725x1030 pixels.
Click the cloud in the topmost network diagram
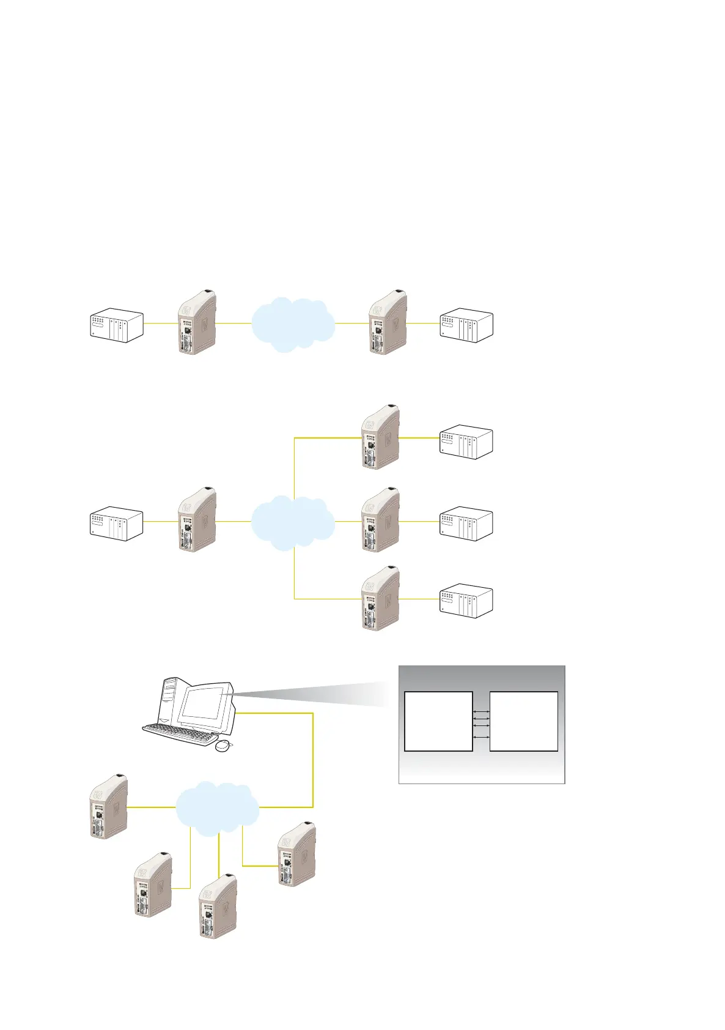coord(293,324)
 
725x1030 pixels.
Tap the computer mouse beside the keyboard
coord(224,746)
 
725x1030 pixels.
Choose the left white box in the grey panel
coord(438,721)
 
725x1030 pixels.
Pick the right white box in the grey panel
coord(524,721)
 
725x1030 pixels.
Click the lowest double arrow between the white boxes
coord(481,738)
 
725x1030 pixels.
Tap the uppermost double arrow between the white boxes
coord(481,713)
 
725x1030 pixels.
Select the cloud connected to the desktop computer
coord(218,807)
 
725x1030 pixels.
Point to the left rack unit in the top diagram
coord(117,325)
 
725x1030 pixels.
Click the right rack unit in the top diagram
coord(466,325)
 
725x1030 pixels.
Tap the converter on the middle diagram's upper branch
coord(380,437)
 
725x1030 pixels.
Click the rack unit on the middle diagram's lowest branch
coord(466,601)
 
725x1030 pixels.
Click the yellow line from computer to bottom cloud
coord(313,758)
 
